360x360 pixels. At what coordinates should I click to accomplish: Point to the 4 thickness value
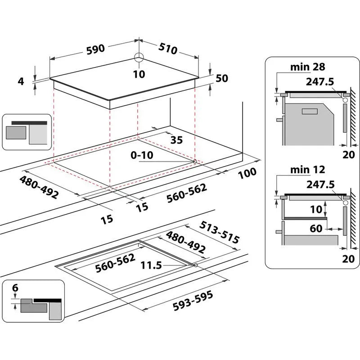tap(20, 81)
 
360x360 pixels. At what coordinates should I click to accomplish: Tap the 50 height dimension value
tap(222, 78)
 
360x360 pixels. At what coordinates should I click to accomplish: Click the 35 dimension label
tap(176, 140)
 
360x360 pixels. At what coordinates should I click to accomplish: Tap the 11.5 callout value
tap(151, 265)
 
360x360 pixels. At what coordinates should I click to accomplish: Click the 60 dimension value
tap(316, 229)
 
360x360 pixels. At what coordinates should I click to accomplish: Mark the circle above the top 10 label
tap(139, 57)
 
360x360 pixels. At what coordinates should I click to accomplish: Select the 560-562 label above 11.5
tap(114, 263)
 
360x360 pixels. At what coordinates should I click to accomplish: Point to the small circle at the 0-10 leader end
tap(194, 161)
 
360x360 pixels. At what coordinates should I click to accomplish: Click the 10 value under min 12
tap(315, 209)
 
